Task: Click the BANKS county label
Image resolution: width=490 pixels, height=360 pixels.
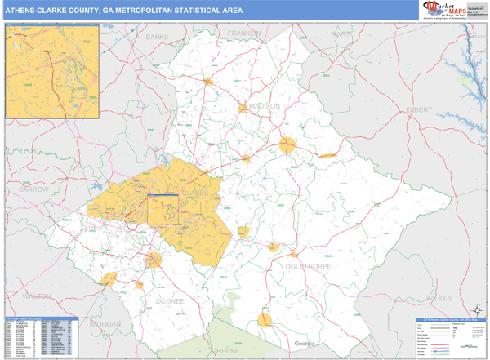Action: point(156,38)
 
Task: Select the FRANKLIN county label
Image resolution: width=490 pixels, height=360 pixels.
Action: point(243,33)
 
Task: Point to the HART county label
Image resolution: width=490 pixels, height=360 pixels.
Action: point(340,34)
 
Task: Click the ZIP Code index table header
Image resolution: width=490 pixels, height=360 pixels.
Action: point(41,318)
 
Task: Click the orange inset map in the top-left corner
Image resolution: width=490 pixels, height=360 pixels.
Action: point(52,71)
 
